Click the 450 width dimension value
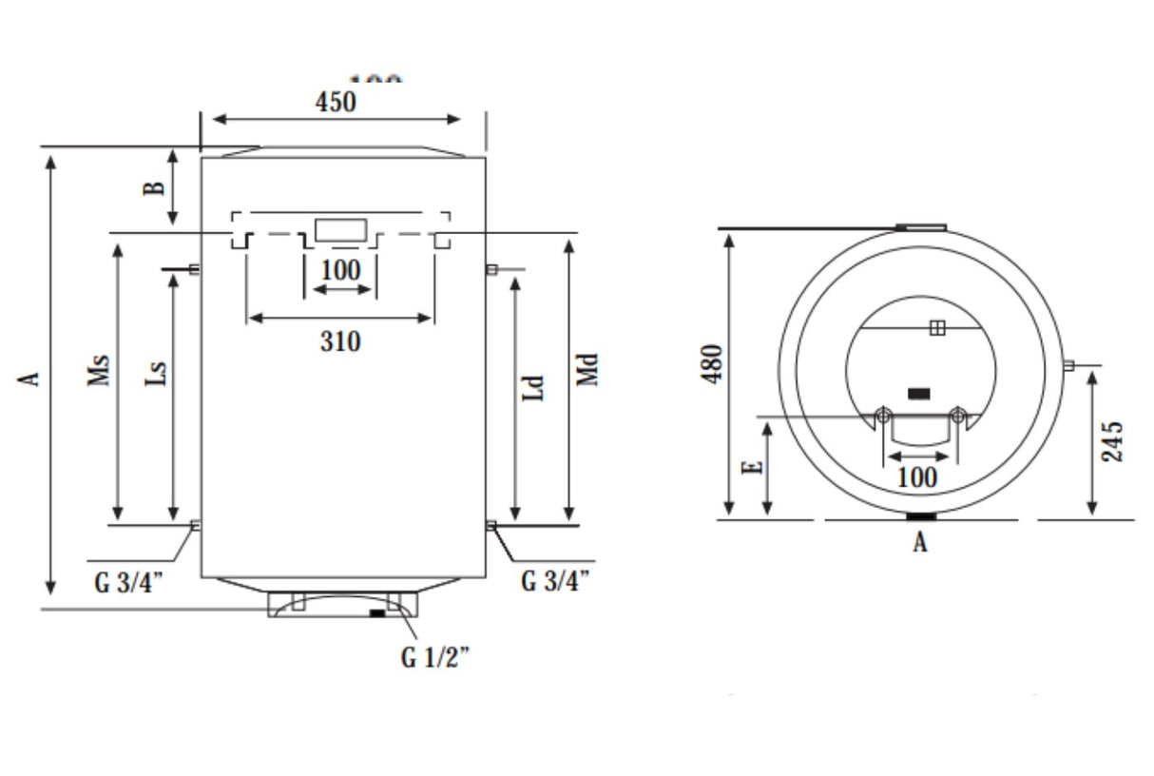click(336, 102)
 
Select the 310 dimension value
click(340, 340)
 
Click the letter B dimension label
click(153, 188)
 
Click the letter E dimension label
click(752, 467)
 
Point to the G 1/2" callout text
click(435, 658)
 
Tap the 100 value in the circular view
click(916, 477)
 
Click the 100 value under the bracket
click(340, 271)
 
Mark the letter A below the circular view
click(919, 543)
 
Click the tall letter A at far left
click(30, 378)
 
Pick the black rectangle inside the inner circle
click(919, 393)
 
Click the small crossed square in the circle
click(937, 328)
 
